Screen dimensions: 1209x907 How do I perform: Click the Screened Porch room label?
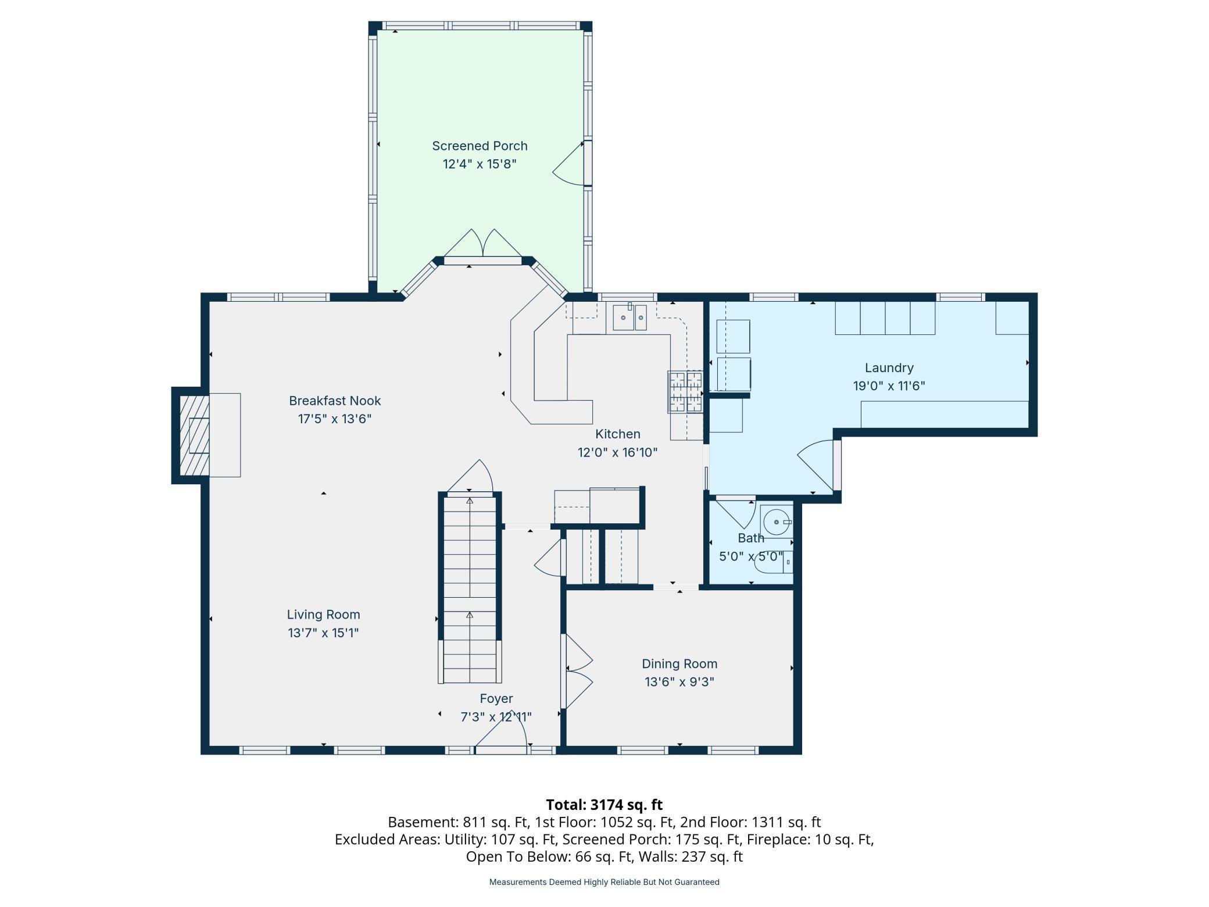480,146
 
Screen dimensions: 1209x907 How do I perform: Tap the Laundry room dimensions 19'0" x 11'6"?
889,385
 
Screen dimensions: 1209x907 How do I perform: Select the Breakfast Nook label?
335,401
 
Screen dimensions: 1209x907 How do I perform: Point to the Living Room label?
323,615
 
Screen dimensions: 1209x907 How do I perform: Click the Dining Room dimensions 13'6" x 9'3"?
679,681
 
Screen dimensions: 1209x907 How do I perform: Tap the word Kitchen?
617,434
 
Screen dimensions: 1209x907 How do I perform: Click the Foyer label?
496,699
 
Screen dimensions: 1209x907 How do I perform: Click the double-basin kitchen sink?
630,317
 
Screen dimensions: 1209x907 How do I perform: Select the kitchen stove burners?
686,392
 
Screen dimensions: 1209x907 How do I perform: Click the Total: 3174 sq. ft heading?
604,805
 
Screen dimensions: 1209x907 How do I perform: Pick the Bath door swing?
737,512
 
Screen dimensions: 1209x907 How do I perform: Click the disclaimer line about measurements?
604,882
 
